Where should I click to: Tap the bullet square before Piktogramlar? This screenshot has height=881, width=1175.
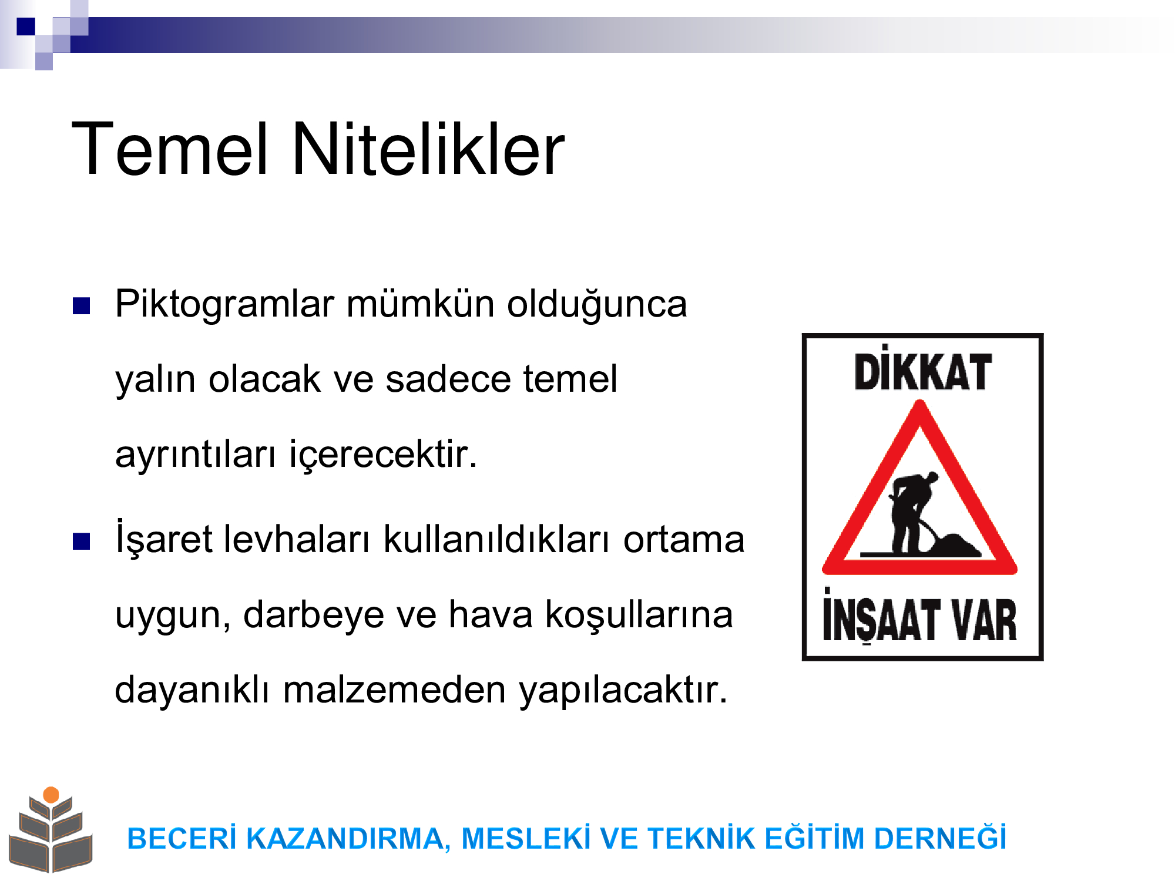81,305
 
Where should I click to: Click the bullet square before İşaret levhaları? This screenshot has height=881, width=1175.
81,541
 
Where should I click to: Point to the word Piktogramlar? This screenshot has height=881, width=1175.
224,305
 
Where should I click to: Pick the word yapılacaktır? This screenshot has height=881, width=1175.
623,690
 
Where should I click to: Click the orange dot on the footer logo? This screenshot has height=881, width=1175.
51,795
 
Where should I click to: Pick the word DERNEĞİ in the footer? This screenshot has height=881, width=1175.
940,837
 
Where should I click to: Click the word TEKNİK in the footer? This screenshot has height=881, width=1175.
701,838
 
